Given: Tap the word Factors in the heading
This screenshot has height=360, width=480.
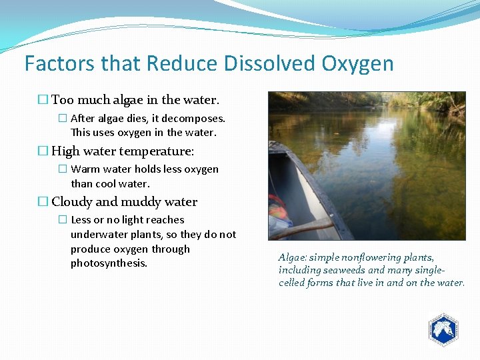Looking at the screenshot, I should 59,64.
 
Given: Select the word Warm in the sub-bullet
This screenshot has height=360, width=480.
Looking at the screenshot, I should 85,169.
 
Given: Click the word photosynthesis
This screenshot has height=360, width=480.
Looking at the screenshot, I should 109,263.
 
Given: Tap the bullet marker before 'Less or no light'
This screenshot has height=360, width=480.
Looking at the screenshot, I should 62,220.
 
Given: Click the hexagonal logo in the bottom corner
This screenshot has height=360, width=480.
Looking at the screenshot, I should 443,329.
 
